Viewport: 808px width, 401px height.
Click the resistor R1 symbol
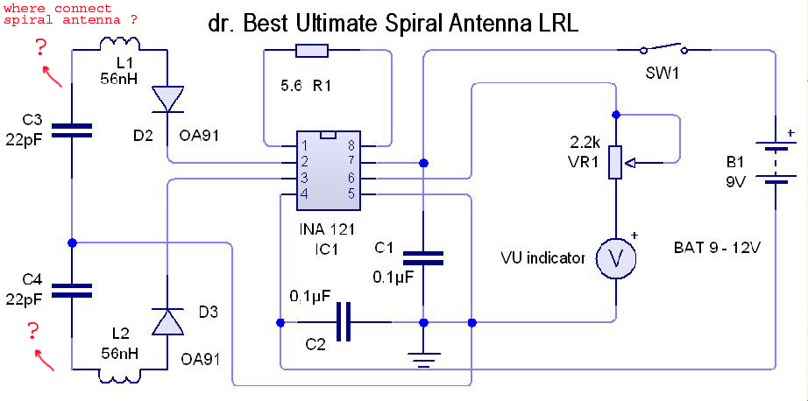pos(312,50)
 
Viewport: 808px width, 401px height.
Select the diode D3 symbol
pos(167,321)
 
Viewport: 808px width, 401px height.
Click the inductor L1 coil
pos(119,44)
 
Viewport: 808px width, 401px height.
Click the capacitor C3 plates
pos(72,130)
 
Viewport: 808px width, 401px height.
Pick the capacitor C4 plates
pos(72,291)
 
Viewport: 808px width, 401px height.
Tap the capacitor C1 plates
pos(423,258)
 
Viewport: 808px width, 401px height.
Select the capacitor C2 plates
pos(344,322)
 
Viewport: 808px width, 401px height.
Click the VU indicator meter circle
pos(615,259)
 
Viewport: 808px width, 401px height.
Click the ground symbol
pos(423,360)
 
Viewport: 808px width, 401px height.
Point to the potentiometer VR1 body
pos(615,162)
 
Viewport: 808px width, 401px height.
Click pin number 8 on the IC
pos(351,144)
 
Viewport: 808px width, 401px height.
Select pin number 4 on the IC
pos(305,194)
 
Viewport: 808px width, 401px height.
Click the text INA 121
pos(326,229)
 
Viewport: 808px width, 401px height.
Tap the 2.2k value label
pos(581,142)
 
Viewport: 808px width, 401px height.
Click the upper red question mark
pos(40,49)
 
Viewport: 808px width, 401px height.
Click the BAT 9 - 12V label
pos(718,249)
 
